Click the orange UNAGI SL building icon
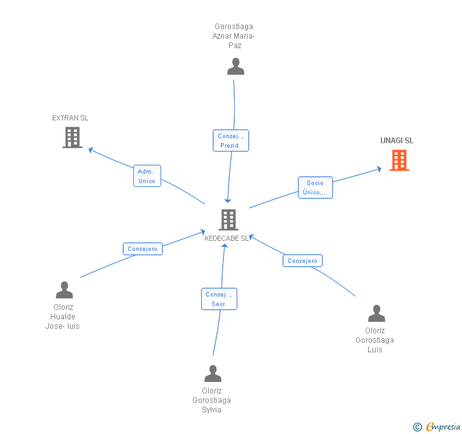399,160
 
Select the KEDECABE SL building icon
228,219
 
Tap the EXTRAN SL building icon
72,137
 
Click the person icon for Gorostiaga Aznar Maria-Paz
235,67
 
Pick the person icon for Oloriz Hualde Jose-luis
64,290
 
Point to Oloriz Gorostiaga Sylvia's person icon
213,374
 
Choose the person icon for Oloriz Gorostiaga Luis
376,314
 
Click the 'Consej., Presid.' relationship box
230,141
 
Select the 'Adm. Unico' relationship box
147,176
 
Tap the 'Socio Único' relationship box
315,188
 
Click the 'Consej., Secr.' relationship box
220,299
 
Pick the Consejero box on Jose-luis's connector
142,249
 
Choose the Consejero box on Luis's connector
302,260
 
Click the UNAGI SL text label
397,141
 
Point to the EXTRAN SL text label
70,118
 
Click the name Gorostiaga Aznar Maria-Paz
234,36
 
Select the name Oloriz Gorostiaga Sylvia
211,400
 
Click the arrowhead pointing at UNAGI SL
378,169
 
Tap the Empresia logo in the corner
443,427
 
